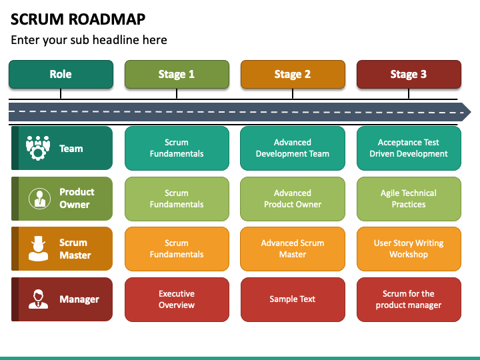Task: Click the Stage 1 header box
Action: coord(177,75)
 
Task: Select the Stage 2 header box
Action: coord(293,75)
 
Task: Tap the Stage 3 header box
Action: coord(409,75)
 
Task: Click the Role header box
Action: coord(61,75)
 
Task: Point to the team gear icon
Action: coord(38,148)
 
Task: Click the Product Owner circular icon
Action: coord(39,199)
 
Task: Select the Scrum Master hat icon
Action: coord(38,249)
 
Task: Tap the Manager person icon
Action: coord(38,299)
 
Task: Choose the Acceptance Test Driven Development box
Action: coord(409,148)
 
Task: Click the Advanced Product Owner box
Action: coord(293,199)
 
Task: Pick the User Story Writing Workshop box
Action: coord(409,249)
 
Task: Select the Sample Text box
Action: coord(293,299)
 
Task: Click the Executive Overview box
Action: coord(177,299)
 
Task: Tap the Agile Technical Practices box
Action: coord(409,199)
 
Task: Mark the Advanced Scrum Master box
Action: coord(293,249)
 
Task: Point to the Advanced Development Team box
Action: coord(293,148)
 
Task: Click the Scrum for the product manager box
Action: coord(409,299)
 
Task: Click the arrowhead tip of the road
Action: coord(471,112)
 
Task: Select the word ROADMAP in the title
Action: coord(107,19)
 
